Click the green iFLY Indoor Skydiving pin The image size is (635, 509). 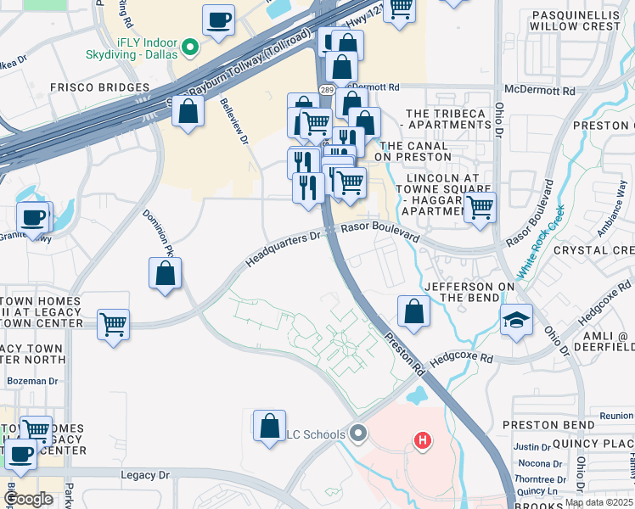tap(190, 47)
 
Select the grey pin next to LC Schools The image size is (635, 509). tap(358, 435)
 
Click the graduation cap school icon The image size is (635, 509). tap(516, 321)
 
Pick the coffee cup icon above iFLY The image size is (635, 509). tap(219, 20)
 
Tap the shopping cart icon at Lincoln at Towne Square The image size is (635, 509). tap(480, 206)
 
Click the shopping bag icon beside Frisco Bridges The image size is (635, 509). tap(188, 111)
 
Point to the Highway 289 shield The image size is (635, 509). tap(326, 88)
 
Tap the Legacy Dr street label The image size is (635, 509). tap(145, 479)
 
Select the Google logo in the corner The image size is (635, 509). tap(28, 499)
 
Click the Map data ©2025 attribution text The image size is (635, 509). tap(598, 502)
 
